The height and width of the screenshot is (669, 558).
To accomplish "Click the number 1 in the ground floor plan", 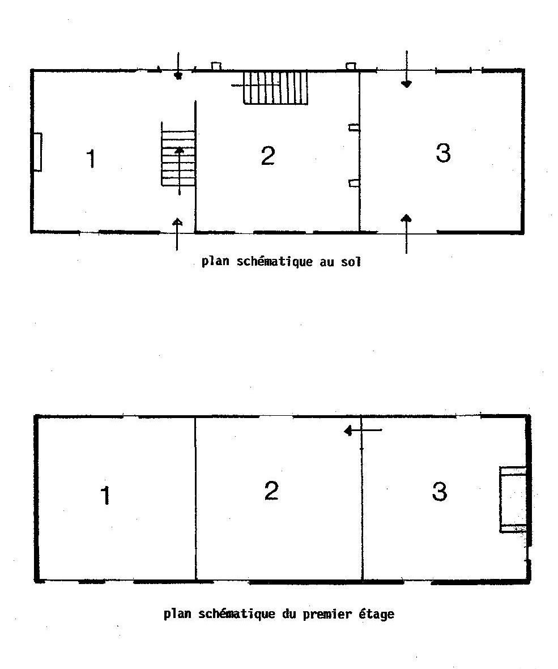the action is click(91, 159).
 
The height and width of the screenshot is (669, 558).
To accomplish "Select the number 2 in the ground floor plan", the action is click(268, 156).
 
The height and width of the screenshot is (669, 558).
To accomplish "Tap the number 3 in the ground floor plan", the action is click(443, 153).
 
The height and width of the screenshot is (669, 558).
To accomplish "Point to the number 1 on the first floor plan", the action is click(105, 495).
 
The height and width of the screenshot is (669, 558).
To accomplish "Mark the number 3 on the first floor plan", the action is click(440, 492).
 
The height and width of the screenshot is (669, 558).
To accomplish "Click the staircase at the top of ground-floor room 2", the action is click(275, 87).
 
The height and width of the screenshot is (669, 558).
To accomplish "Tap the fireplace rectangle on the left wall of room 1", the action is click(37, 152).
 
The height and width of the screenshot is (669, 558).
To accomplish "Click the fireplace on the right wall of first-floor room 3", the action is click(513, 499).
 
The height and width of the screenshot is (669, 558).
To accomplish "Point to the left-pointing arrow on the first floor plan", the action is click(363, 431).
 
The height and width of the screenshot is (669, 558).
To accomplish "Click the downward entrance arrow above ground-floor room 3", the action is click(407, 69).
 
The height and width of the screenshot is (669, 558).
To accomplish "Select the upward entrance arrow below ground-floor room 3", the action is click(407, 234).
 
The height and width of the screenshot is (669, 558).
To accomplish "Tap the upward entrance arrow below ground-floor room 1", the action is click(177, 235).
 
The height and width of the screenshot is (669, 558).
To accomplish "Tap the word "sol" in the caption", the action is click(351, 262).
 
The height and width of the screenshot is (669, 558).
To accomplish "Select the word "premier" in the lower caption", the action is click(327, 615).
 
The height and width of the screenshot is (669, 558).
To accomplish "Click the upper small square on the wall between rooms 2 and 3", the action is click(353, 127).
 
